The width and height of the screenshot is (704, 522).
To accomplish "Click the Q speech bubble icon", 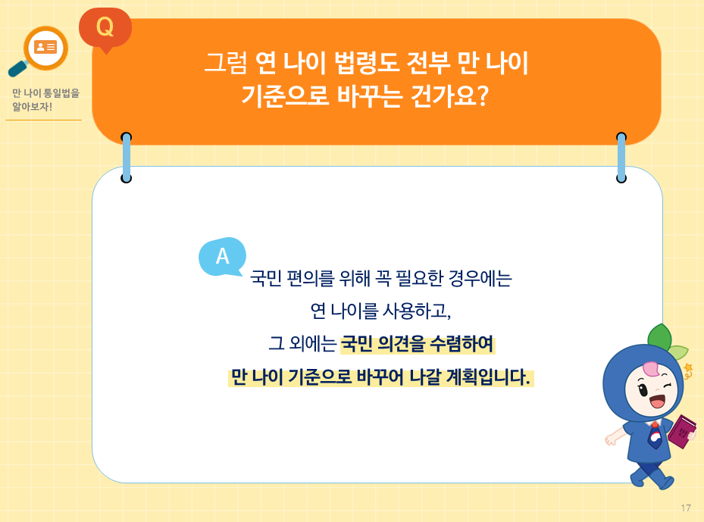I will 105,28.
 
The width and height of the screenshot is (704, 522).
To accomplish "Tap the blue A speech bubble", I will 221,256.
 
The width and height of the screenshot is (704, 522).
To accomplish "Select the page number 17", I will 686,508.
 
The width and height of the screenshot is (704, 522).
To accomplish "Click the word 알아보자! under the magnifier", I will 32,107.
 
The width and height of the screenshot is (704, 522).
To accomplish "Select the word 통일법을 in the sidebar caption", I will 62,93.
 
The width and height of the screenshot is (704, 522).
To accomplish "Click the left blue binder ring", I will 127,158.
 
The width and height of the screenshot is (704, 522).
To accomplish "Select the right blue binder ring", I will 621,158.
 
